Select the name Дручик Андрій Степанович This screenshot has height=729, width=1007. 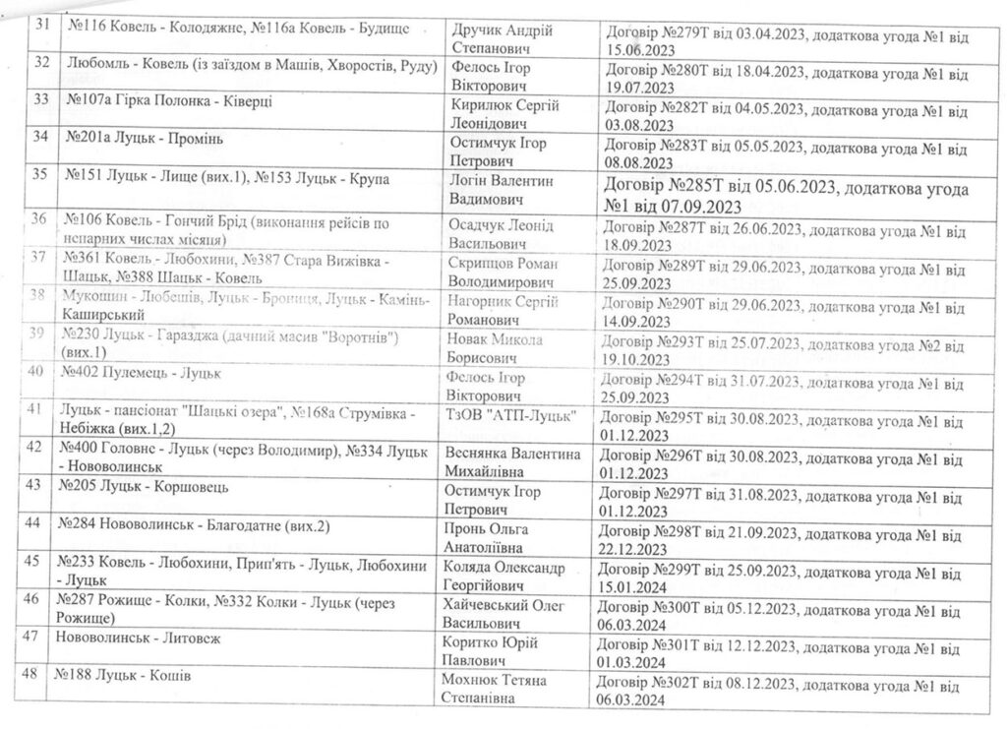point(502,39)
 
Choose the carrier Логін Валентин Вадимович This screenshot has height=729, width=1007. point(502,190)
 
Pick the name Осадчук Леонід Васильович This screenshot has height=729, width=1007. point(502,234)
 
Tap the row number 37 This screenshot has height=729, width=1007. point(40,259)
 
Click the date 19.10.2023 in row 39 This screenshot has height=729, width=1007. point(643,360)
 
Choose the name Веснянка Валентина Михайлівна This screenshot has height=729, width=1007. point(514,462)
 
